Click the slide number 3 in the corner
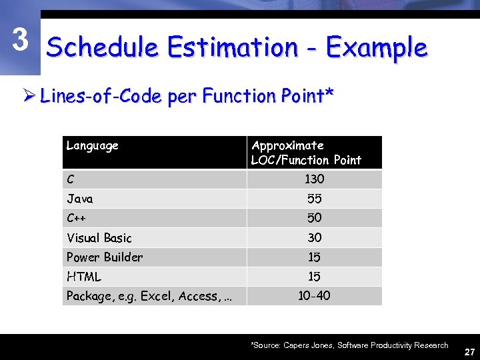coord(21,41)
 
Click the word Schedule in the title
coord(102,48)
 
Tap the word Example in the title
coord(376,48)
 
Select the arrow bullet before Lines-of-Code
coord(29,97)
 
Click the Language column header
coord(93,145)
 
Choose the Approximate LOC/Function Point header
coord(306,153)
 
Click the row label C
coord(71,179)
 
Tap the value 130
coord(314,179)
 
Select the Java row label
coord(80,199)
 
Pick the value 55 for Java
coord(314,199)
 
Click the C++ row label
coord(77,218)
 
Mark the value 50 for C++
coord(314,218)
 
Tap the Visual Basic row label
coord(99,238)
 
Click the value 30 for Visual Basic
coord(314,238)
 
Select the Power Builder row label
coord(105,257)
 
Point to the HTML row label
coord(84,277)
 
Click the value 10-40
coord(314,296)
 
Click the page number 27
coord(469,351)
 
